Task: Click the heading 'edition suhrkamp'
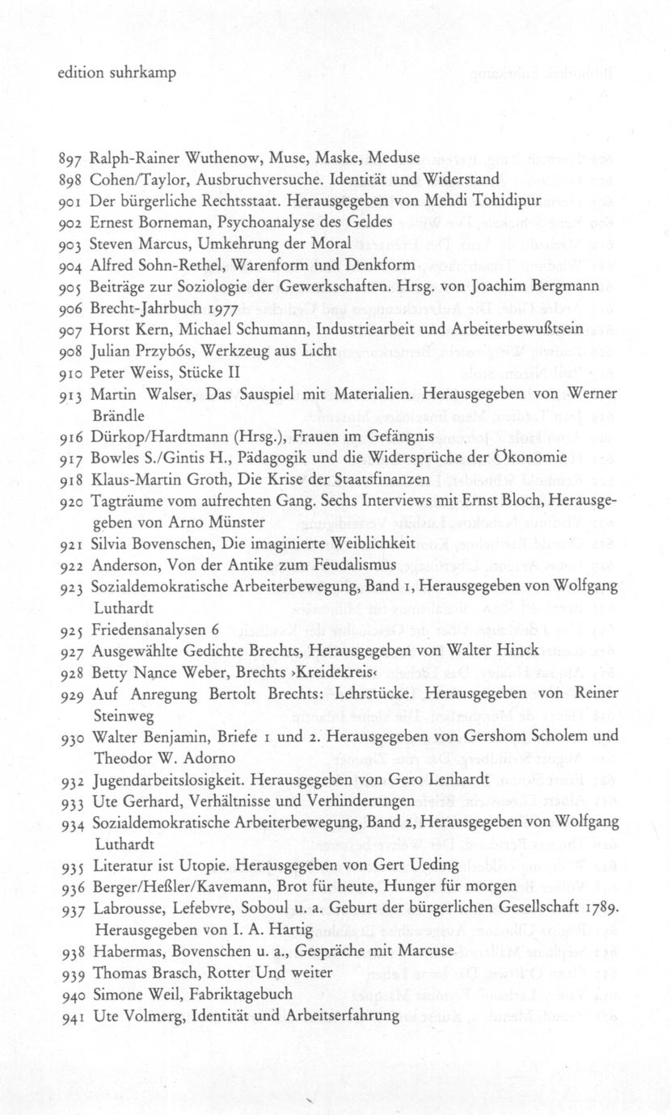pyautogui.click(x=116, y=73)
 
